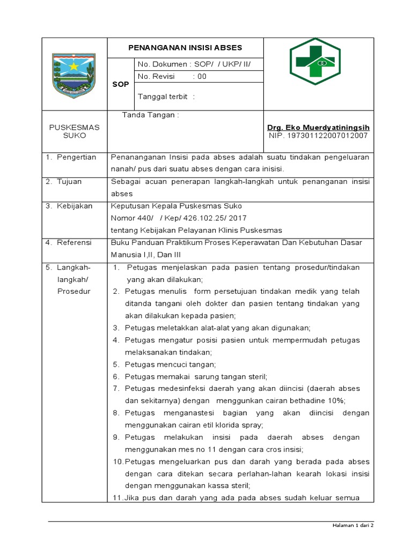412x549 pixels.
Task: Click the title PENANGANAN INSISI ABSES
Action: coord(185,47)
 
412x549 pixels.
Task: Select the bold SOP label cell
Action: coord(120,85)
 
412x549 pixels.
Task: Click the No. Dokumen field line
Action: coord(194,64)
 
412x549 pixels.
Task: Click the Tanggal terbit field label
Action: coord(166,97)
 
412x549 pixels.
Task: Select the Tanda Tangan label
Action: coord(150,115)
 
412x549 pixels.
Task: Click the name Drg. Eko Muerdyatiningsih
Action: coord(318,127)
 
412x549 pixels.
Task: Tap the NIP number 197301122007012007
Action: coord(318,136)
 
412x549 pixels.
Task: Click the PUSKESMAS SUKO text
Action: coord(75,131)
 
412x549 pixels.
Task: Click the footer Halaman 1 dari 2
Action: coord(351,525)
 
